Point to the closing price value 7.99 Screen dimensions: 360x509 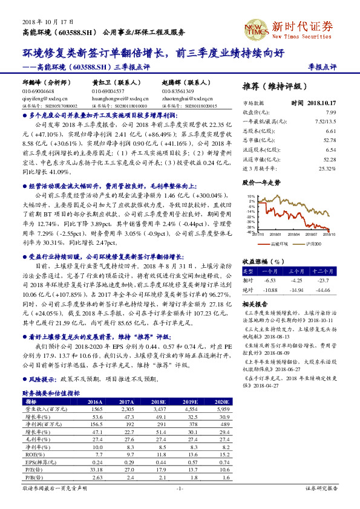coord(330,112)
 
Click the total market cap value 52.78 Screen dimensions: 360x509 coord(330,140)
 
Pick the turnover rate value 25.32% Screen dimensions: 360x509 coord(326,168)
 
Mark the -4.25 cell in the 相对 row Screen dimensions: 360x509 coord(296,280)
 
